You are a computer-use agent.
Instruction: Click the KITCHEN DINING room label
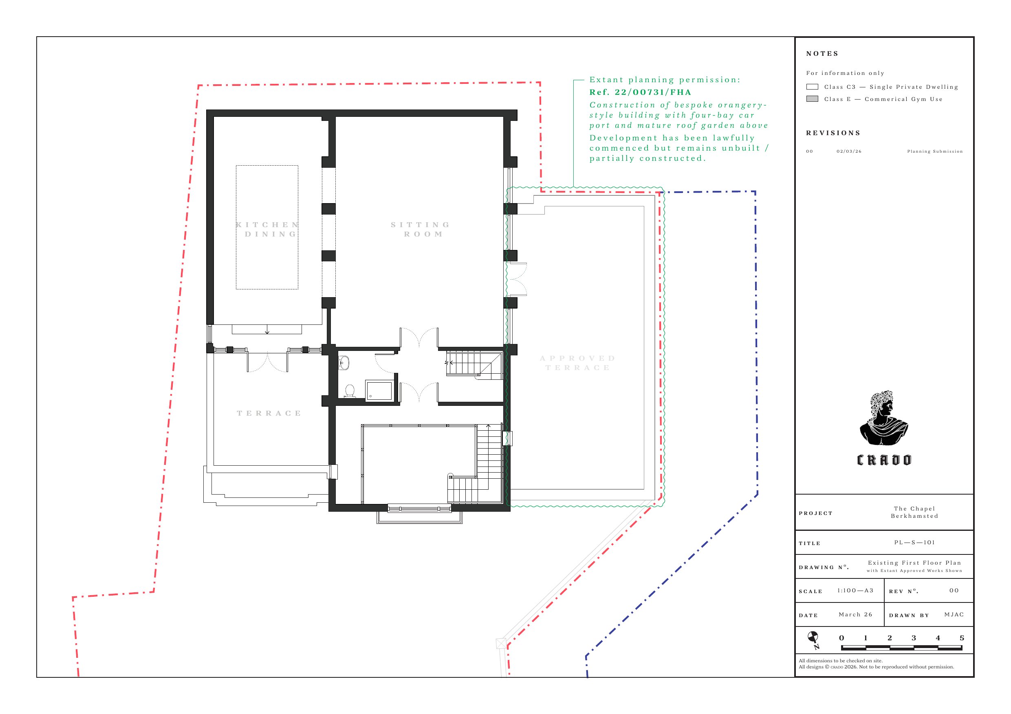pos(268,229)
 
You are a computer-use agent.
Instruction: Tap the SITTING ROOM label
pos(421,229)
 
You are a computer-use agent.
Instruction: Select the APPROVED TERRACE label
pos(577,363)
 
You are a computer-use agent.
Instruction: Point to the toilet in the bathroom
pos(350,391)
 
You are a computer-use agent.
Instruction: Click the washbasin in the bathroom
pos(344,363)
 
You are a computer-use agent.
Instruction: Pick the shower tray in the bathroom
pos(379,391)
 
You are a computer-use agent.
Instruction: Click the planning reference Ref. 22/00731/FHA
pos(640,92)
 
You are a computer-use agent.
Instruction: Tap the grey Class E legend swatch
pos(812,99)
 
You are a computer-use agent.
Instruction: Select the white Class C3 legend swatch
pos(812,87)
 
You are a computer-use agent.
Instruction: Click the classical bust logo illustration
pos(884,418)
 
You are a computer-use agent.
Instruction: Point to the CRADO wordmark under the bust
pos(884,460)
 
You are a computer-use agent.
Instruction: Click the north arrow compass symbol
pos(813,640)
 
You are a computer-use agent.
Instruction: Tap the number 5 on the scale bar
pos(962,638)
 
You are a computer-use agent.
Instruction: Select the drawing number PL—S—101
pos(914,543)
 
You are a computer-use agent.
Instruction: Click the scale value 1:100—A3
pos(855,590)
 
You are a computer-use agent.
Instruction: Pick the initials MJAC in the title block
pos(954,615)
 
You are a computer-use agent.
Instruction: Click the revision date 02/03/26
pos(849,151)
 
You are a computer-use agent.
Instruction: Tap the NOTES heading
pos(822,54)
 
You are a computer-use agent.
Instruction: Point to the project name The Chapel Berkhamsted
pos(914,512)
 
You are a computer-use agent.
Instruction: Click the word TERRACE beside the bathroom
pos(269,413)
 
